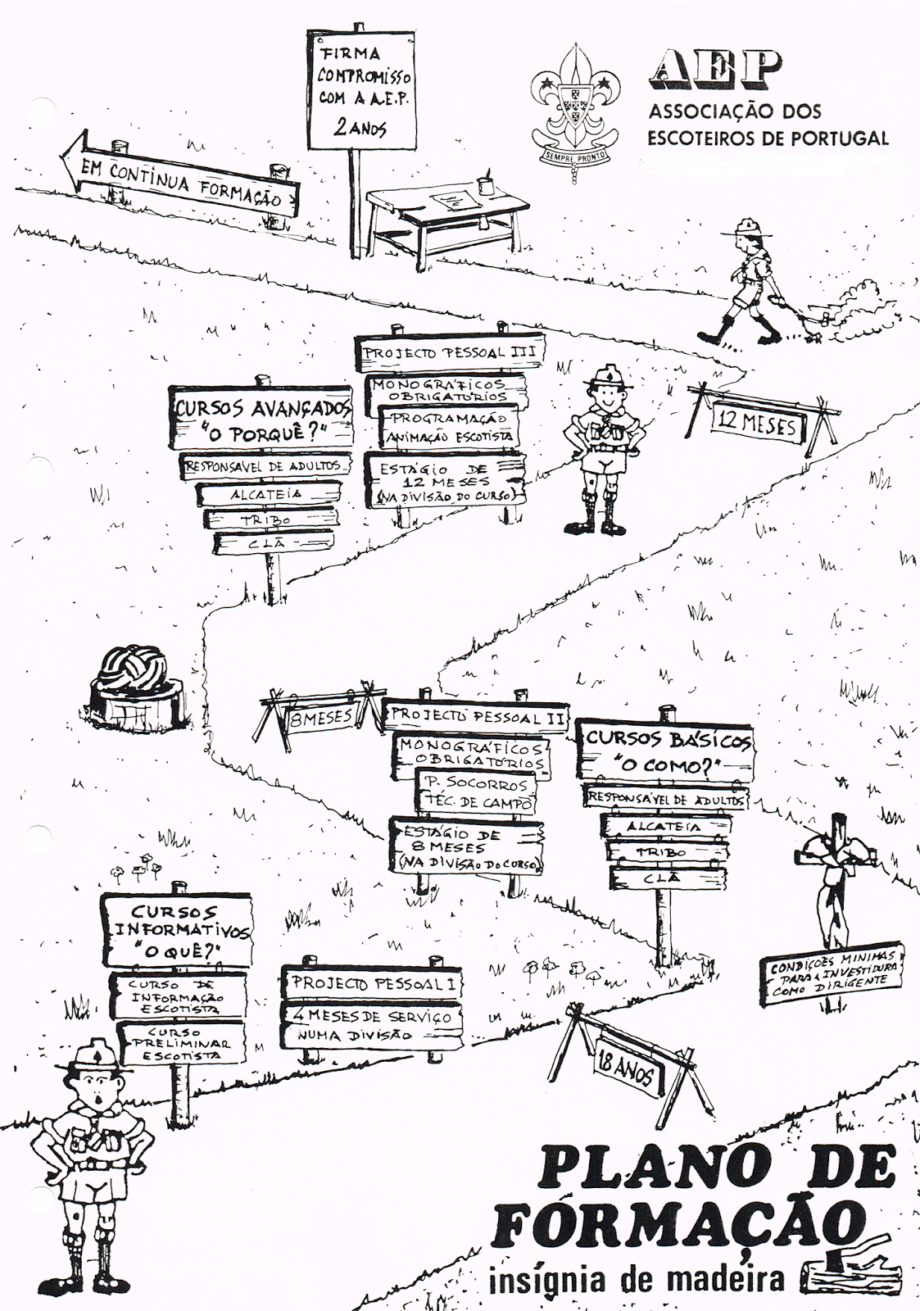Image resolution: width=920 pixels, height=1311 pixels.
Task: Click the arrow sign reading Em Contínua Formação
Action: click(x=180, y=182)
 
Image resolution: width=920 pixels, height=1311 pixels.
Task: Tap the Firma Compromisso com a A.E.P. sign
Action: click(x=359, y=90)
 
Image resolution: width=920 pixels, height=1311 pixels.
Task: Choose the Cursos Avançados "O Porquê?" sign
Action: click(x=261, y=419)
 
